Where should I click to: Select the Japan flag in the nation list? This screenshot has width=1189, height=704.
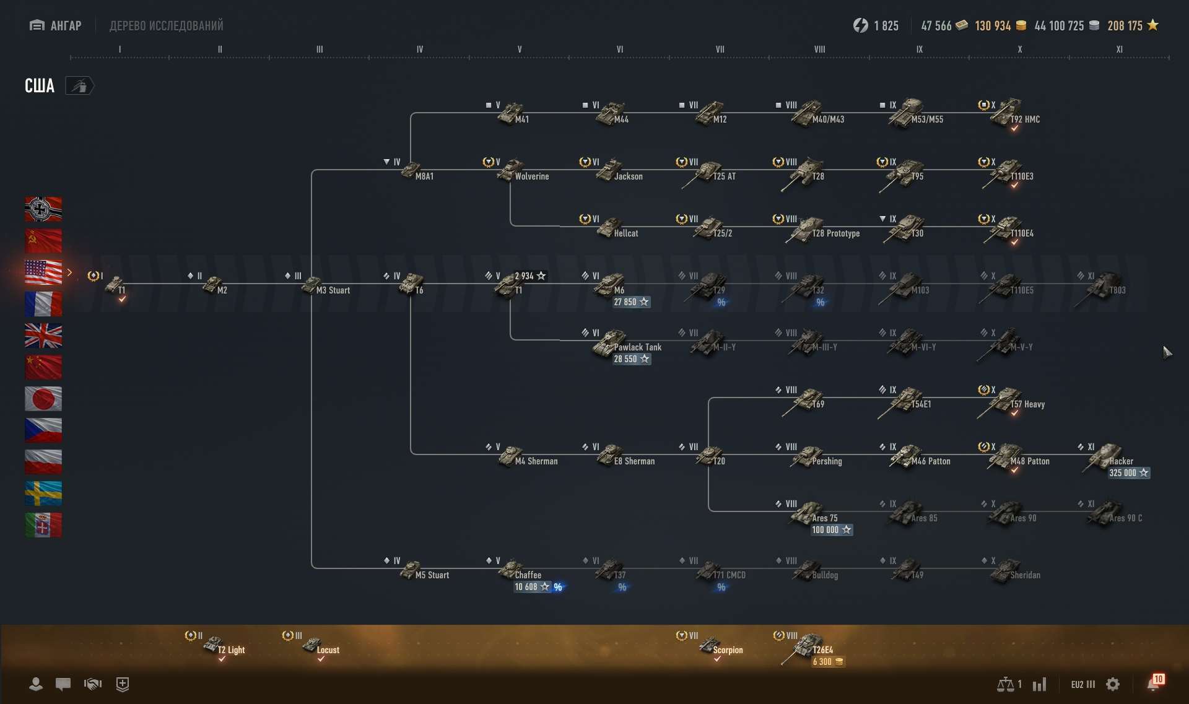click(43, 398)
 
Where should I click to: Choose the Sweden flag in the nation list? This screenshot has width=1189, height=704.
click(43, 493)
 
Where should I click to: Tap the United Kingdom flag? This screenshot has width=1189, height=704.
click(43, 335)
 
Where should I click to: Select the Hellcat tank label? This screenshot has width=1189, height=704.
click(625, 233)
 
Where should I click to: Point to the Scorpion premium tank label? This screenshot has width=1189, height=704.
click(727, 650)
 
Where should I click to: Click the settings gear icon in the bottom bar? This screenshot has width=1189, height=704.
click(1113, 684)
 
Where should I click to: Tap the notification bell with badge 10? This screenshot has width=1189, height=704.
click(1154, 684)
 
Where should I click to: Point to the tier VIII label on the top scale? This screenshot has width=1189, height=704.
click(819, 50)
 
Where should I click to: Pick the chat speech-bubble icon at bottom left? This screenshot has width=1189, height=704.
click(63, 684)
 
